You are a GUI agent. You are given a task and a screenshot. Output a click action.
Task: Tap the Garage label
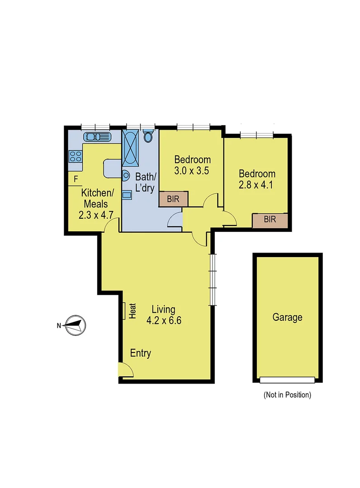(287, 317)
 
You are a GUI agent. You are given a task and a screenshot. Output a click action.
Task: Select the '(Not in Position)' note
(287, 395)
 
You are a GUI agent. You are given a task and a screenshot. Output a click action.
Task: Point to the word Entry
(141, 353)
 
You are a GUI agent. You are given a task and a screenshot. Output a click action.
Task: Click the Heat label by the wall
(133, 310)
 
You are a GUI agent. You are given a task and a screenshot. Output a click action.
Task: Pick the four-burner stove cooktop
(75, 156)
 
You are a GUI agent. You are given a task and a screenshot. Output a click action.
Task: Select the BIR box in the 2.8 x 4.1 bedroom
(270, 220)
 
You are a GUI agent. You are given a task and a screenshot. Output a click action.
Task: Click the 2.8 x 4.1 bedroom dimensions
(257, 184)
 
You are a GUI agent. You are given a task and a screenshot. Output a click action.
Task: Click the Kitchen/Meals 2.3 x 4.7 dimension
(96, 215)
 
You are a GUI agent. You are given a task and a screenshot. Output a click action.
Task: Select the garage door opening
(287, 379)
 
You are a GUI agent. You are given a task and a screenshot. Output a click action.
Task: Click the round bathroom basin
(126, 175)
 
